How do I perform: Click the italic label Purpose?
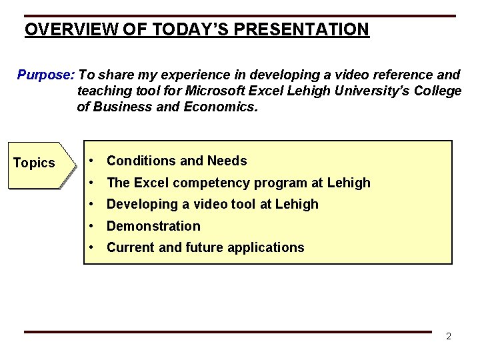click(x=46, y=75)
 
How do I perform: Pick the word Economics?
click(x=219, y=107)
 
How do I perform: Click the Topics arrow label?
click(x=35, y=163)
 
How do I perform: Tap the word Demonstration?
click(x=153, y=226)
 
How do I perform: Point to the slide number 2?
click(x=449, y=336)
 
